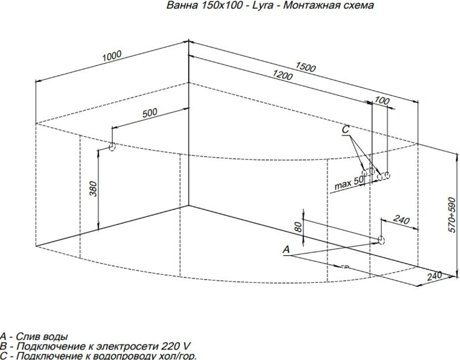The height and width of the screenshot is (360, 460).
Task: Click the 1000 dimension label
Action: [112, 56]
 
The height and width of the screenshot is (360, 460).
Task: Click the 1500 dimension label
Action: [305, 67]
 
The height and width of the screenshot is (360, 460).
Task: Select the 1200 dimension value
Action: [283, 75]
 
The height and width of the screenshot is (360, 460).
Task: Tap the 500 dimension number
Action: [150, 113]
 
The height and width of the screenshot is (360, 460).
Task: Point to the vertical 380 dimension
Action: [93, 189]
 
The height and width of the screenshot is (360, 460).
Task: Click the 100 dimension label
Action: [382, 101]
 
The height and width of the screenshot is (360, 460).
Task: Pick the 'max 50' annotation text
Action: [349, 183]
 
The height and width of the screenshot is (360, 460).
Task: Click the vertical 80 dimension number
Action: [298, 227]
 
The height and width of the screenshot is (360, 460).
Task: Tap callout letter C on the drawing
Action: [345, 129]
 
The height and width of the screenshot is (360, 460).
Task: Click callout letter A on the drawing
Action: [286, 249]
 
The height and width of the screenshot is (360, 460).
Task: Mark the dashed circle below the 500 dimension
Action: [112, 147]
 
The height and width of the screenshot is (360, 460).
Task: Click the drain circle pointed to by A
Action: [381, 240]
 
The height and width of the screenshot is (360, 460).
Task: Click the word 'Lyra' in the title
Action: [262, 5]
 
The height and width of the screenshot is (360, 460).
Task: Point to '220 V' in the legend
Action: [176, 346]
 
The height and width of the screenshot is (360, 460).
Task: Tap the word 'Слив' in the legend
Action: [26, 336]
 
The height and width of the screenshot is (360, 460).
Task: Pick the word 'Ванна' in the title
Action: [183, 5]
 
